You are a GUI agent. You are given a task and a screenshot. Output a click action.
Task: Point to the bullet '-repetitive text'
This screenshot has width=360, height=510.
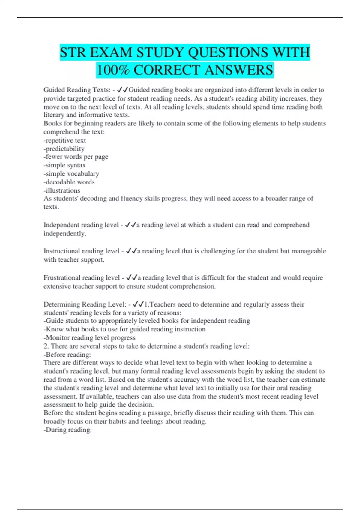click(65, 140)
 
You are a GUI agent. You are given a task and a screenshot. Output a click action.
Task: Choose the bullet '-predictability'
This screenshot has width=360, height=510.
click(64, 149)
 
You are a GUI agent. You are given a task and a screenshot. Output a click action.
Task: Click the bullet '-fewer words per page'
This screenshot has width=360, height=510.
click(76, 157)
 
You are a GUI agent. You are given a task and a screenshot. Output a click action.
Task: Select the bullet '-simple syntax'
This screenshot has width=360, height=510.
click(65, 165)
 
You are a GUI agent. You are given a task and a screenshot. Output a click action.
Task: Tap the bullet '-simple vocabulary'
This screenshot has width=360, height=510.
click(71, 174)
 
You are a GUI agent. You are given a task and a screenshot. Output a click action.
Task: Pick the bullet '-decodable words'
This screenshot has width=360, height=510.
click(69, 182)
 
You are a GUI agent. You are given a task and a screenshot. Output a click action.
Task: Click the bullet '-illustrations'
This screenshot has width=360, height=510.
click(62, 190)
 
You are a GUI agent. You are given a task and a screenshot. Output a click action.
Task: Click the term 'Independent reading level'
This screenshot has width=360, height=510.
click(81, 225)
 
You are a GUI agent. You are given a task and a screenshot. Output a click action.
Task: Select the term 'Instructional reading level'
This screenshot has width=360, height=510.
click(82, 251)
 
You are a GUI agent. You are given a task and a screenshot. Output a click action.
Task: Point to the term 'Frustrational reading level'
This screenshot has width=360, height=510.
click(82, 278)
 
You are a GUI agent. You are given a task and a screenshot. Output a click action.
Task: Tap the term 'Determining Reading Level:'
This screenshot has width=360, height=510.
click(85, 304)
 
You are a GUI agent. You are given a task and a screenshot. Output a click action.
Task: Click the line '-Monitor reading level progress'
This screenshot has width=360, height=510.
click(90, 338)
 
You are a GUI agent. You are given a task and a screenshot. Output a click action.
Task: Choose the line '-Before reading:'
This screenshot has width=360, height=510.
click(67, 355)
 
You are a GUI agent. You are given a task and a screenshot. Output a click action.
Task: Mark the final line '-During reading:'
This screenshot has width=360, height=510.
click(68, 430)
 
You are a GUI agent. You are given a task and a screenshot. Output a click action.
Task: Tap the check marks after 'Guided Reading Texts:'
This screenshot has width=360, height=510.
click(123, 90)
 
